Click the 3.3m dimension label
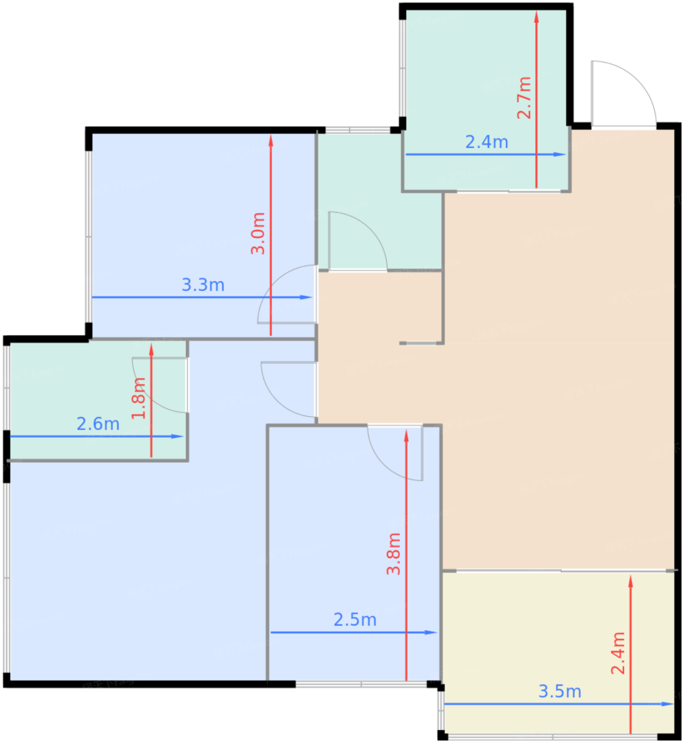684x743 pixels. pos(203,285)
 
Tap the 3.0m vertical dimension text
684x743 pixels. pos(258,234)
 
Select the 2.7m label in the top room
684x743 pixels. pos(524,98)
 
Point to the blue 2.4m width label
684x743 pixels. pos(487,142)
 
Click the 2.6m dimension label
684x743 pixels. pos(98,424)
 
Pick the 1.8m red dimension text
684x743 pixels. pos(139,399)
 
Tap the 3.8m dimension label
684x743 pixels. pos(394,554)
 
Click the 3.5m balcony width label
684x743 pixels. pos(560,692)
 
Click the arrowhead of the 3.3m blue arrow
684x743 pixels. pos(307,297)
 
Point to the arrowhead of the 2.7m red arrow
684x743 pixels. pos(536,16)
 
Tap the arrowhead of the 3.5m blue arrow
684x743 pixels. pos(668,704)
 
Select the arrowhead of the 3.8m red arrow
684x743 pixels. pos(406,436)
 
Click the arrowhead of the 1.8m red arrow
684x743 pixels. pos(151,350)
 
